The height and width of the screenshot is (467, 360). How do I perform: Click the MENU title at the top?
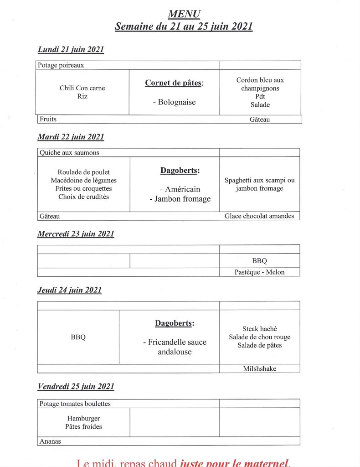(x=184, y=15)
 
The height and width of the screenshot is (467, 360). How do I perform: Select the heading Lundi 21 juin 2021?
(x=71, y=50)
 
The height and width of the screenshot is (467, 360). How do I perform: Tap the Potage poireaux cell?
(x=61, y=65)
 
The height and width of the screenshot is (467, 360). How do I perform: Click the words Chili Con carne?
(x=82, y=88)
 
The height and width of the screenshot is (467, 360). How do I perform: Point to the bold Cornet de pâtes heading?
(x=173, y=83)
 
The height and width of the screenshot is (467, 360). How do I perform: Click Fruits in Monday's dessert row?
(x=48, y=119)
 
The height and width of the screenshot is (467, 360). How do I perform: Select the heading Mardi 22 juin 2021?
(x=71, y=137)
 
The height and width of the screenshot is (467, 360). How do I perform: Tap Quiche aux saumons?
(x=69, y=153)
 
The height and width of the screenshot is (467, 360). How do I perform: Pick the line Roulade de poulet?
(x=83, y=172)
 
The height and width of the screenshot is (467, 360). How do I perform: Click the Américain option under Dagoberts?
(x=180, y=189)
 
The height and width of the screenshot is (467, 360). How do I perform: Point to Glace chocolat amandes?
(x=259, y=216)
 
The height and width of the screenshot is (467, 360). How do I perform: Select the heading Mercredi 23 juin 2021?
(x=76, y=234)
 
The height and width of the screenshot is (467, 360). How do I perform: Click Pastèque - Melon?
(x=259, y=272)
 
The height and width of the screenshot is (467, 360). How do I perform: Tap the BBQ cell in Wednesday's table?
(x=259, y=261)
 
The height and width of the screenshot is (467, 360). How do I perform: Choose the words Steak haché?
(x=259, y=329)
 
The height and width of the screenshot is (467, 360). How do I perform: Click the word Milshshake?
(x=259, y=369)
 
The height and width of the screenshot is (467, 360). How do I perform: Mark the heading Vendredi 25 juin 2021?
(x=76, y=387)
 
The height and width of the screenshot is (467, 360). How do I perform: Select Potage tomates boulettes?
(x=75, y=404)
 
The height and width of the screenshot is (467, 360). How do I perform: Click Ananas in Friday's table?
(x=50, y=441)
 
